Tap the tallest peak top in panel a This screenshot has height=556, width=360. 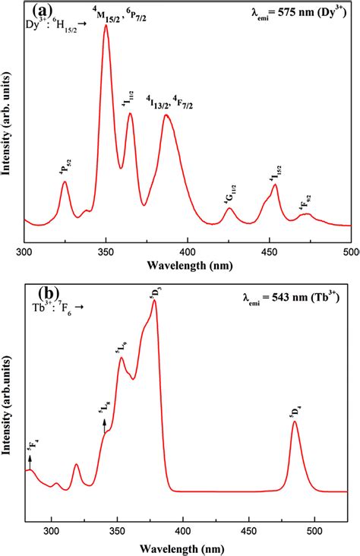[x=106, y=47]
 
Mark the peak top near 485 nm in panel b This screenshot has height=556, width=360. [x=294, y=422]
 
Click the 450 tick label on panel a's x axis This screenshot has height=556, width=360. [x=270, y=252]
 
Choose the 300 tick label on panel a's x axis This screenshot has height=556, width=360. [x=25, y=252]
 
